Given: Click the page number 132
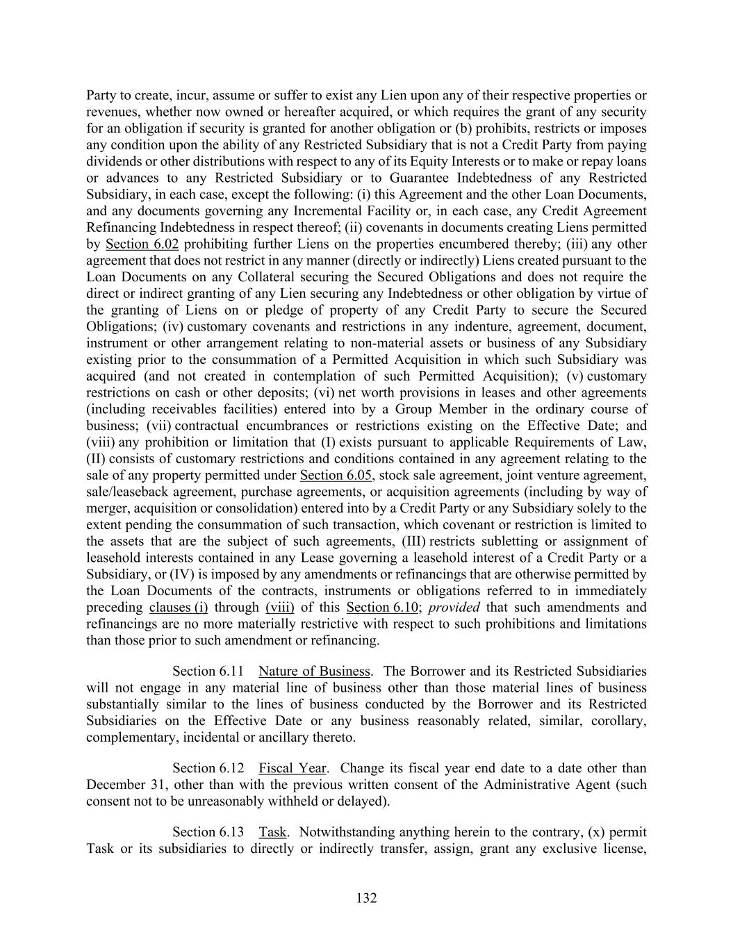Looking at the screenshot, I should tap(366, 898).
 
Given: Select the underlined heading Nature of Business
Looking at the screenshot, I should tap(314, 671).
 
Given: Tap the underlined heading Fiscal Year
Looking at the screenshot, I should tap(293, 768).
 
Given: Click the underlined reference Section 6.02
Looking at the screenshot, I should tap(142, 244).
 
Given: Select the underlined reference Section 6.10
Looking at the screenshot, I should tap(382, 607).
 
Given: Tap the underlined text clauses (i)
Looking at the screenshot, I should tap(179, 607).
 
